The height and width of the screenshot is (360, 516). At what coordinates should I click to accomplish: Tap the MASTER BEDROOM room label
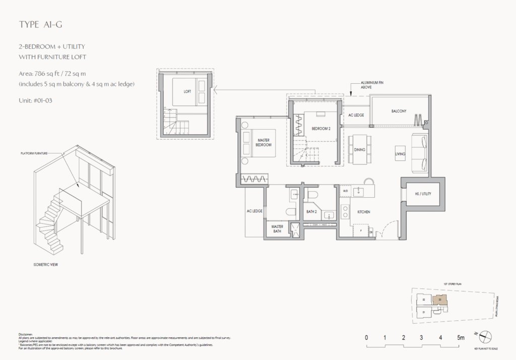tap(264, 143)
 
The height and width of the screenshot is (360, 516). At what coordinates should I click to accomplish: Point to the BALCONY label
tap(399, 111)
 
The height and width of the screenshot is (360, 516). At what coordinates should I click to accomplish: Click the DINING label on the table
tap(359, 150)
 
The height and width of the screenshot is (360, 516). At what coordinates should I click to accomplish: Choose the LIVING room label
tap(400, 154)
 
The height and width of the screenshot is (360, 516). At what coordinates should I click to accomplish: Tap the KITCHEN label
tap(364, 212)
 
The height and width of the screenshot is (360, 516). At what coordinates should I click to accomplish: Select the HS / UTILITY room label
tap(422, 194)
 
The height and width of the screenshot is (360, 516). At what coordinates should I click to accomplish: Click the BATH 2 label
tap(311, 212)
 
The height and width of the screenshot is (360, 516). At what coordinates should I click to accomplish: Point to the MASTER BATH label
tap(278, 229)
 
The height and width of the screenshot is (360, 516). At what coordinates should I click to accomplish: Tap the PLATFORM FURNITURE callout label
tap(34, 153)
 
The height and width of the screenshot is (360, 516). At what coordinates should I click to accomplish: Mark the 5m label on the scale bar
tap(460, 338)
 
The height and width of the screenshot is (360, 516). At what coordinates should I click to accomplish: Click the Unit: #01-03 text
tap(35, 100)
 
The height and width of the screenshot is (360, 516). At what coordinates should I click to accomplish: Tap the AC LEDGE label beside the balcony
tap(356, 115)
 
